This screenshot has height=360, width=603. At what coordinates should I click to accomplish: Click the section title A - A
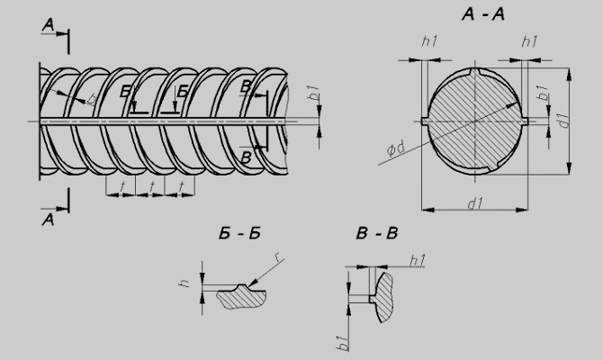pyautogui.click(x=483, y=14)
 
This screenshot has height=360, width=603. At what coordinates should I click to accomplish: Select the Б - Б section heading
pyautogui.click(x=239, y=233)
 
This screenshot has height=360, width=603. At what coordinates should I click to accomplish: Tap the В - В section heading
pyautogui.click(x=377, y=233)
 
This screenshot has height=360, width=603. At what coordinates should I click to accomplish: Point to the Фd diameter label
pyautogui.click(x=396, y=148)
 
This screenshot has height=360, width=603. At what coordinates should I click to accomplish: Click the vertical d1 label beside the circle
pyautogui.click(x=563, y=120)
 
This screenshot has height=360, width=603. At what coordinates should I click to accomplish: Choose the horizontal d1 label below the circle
pyautogui.click(x=476, y=203)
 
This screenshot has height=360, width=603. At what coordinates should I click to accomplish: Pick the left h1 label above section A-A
pyautogui.click(x=429, y=40)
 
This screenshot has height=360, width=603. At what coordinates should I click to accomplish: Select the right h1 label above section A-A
pyautogui.click(x=529, y=40)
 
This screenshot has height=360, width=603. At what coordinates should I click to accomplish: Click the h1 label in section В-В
pyautogui.click(x=418, y=260)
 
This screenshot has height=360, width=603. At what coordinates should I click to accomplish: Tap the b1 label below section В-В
pyautogui.click(x=343, y=342)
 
